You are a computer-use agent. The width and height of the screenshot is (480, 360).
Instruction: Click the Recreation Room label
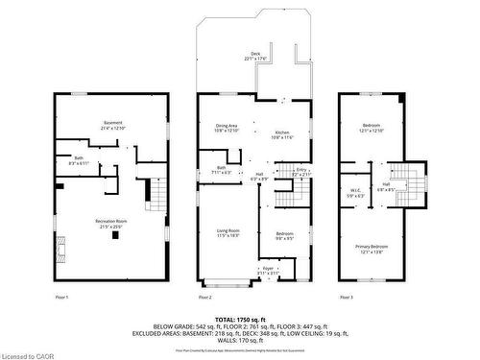111,224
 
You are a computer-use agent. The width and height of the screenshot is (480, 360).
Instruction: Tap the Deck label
255,56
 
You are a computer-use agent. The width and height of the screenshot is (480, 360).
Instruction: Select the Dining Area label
227,127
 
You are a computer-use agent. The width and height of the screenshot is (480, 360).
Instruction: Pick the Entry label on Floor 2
300,171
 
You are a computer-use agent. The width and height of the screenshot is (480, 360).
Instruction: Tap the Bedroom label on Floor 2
285,235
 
